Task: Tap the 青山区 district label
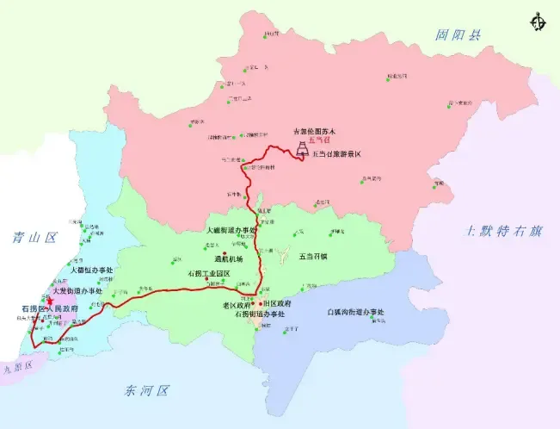[x=28, y=236]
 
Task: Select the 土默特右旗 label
[x=505, y=231]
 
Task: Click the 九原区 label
[x=15, y=365]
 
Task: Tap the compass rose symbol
[x=539, y=20]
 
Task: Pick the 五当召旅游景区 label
[x=341, y=153]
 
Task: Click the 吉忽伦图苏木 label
[x=318, y=131]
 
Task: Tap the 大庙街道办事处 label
[x=232, y=232]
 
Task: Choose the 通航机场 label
[x=229, y=258]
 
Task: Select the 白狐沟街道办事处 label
[x=356, y=311]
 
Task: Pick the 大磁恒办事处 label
[x=82, y=281]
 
